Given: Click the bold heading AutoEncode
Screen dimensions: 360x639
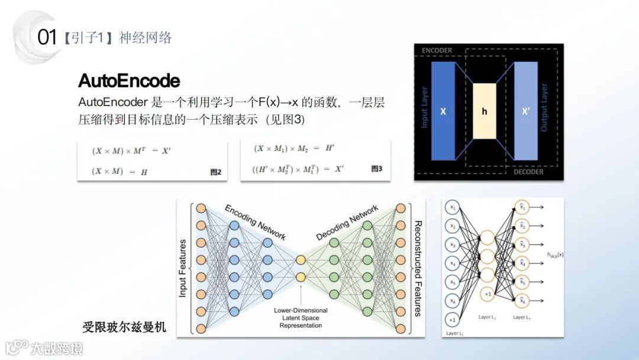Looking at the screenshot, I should (x=129, y=81).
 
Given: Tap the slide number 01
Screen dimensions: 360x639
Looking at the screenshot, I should (x=47, y=38).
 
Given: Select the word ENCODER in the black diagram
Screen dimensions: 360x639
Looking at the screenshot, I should (x=437, y=51).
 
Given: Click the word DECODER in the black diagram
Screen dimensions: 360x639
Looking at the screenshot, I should (x=528, y=172).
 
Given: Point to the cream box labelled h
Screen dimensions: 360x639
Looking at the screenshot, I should (x=484, y=111).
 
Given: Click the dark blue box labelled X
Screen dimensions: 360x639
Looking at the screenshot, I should (x=443, y=111).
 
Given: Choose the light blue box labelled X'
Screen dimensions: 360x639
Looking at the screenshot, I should (x=525, y=111).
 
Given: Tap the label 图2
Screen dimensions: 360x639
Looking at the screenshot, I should (x=215, y=172).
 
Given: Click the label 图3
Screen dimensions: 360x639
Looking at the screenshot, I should (x=376, y=169).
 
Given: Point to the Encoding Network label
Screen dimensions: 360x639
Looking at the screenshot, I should (x=255, y=223).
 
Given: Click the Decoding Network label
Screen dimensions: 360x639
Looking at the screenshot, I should (x=347, y=223).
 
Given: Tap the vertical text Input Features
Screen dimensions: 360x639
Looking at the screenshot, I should (x=183, y=268).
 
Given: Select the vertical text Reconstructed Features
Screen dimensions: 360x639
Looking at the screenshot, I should (x=417, y=268).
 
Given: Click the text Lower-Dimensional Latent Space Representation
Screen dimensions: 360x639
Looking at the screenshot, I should (x=301, y=318).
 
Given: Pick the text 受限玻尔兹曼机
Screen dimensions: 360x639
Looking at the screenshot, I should (x=124, y=327).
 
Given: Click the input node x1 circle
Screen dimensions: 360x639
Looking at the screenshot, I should (x=453, y=208).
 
